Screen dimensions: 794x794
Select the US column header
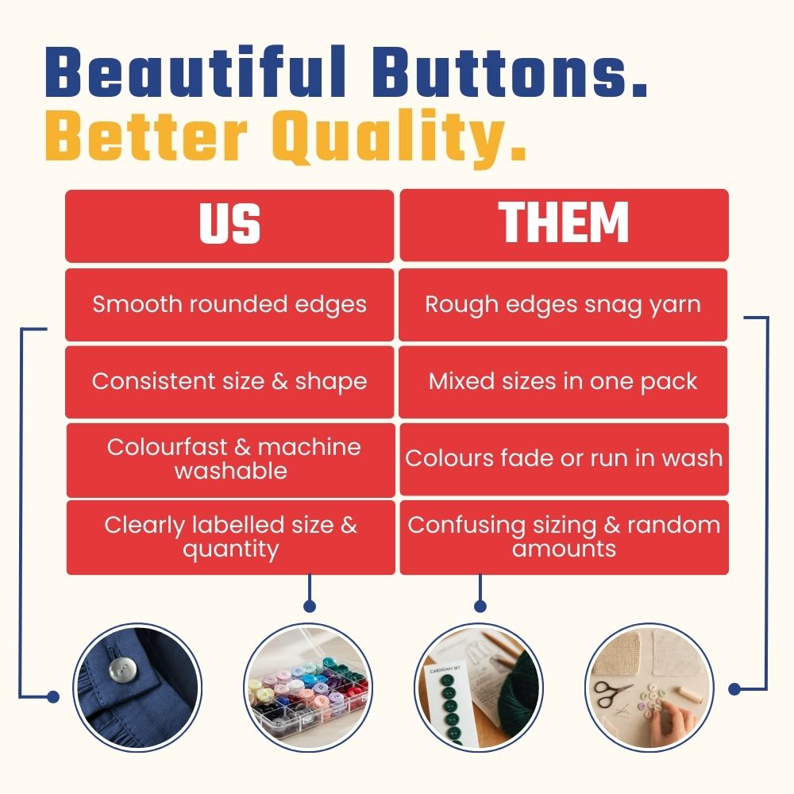229,225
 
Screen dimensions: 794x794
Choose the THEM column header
564,225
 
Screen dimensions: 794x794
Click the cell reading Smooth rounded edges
229,305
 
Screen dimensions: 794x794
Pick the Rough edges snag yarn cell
563,305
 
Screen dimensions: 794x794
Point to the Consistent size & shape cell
229,383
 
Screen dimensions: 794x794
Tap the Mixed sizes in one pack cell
563,383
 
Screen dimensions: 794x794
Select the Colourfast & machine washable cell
230,461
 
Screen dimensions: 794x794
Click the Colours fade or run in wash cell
564,459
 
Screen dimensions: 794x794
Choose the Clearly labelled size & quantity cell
230,538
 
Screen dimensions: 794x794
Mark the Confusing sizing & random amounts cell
564,538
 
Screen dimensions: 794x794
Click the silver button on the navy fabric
122,670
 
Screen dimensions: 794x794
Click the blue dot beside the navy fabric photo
52,697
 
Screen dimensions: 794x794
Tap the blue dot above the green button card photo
480,606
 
